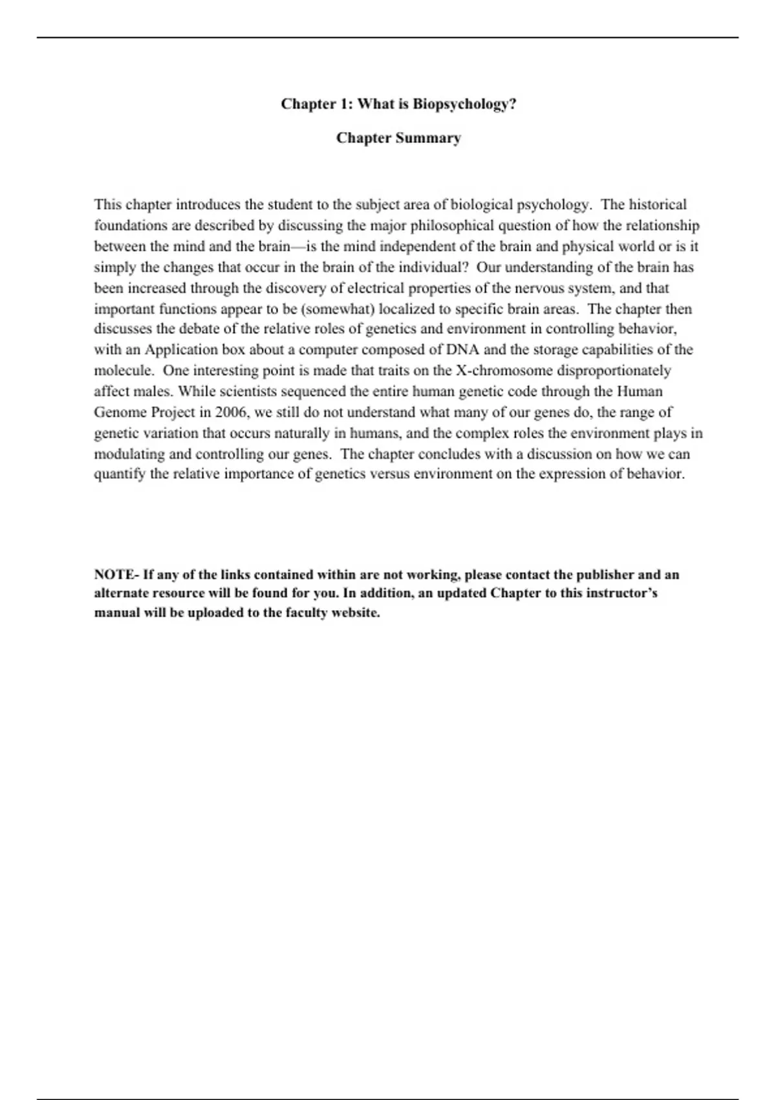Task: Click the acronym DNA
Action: (462, 350)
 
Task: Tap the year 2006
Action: (232, 412)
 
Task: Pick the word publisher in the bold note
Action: (605, 575)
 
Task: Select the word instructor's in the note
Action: (621, 593)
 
